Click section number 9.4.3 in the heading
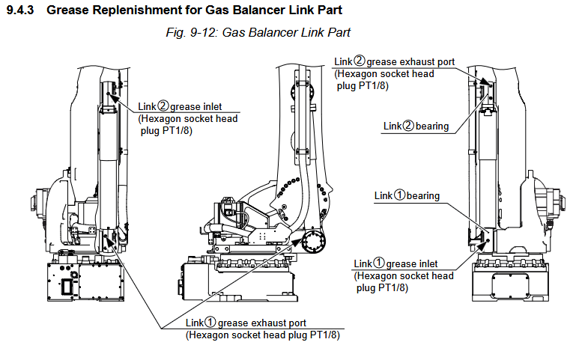click(x=20, y=10)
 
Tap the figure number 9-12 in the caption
click(x=202, y=32)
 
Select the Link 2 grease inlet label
click(x=180, y=106)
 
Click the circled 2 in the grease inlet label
click(x=163, y=106)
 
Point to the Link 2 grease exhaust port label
click(x=395, y=61)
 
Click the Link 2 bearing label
click(x=416, y=126)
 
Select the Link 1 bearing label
click(x=407, y=195)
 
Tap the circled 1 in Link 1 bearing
click(x=399, y=195)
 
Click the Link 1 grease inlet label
click(x=395, y=263)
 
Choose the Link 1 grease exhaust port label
click(x=246, y=323)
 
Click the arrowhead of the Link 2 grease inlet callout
click(x=112, y=98)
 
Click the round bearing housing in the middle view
click(x=314, y=242)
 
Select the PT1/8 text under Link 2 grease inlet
click(x=178, y=130)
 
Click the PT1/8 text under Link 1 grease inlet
click(x=393, y=287)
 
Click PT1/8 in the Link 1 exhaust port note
click(x=324, y=335)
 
